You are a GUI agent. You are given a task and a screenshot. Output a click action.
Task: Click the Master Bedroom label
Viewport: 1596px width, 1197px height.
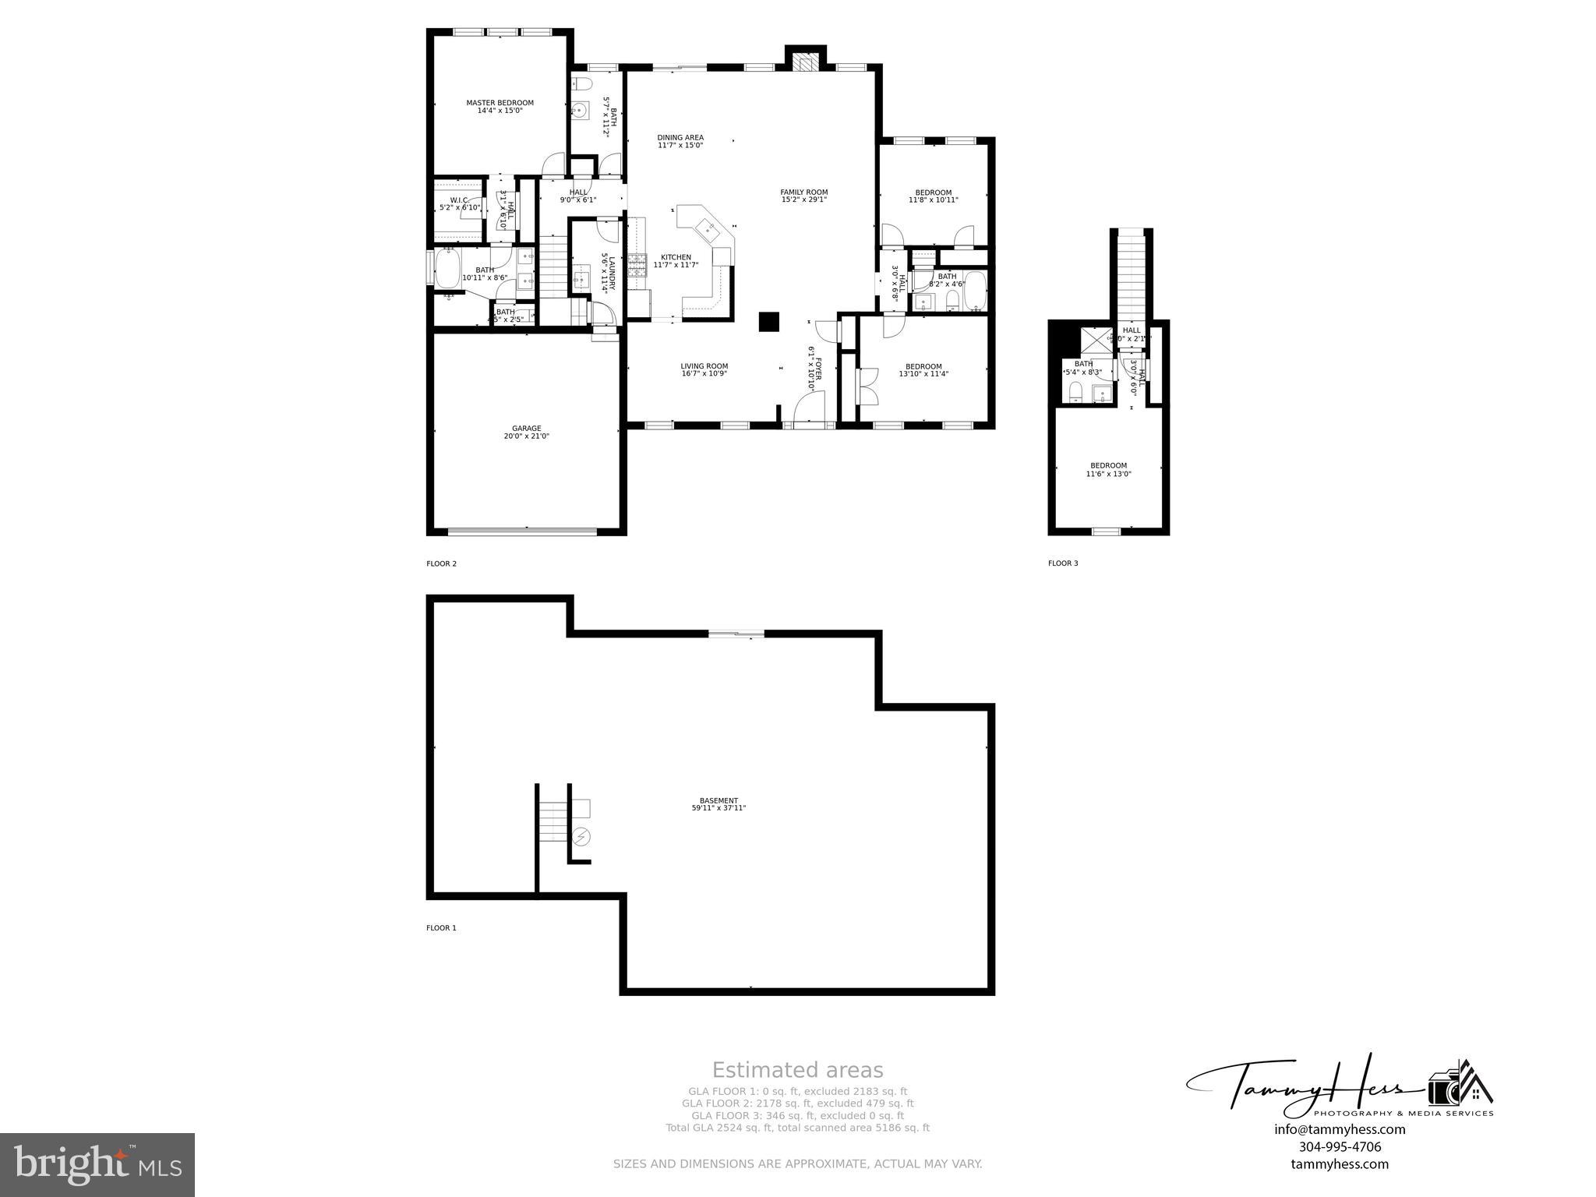point(500,103)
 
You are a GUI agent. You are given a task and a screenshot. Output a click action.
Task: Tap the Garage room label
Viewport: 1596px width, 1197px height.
point(526,429)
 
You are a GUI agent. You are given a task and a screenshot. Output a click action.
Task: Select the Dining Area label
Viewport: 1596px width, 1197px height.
point(680,138)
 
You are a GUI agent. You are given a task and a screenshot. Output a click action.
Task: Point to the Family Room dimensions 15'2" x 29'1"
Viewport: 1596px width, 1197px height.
point(803,199)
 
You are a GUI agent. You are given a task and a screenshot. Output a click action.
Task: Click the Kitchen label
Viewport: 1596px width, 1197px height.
point(676,258)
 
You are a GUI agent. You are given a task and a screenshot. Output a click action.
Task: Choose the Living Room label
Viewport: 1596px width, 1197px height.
point(704,366)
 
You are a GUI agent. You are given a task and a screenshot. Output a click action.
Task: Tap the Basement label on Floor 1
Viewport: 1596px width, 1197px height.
point(719,800)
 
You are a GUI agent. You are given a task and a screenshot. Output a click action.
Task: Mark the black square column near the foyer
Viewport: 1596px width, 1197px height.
point(769,322)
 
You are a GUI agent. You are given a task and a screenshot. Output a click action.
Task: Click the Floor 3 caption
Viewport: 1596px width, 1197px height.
point(1063,563)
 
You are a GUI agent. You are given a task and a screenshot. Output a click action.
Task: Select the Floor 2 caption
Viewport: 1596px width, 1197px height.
point(441,563)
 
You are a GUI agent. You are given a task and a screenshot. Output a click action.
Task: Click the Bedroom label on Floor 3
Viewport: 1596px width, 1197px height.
point(1108,466)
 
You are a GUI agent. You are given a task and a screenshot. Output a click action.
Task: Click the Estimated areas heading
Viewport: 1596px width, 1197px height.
point(797,1070)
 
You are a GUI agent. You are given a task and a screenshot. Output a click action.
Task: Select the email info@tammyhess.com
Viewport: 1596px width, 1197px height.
point(1340,1129)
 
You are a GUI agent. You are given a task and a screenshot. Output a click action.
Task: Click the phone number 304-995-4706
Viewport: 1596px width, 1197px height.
point(1340,1146)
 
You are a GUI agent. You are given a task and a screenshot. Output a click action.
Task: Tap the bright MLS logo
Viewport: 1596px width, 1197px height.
point(97,1164)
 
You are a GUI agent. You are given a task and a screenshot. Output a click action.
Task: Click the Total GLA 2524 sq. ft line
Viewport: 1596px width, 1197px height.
point(797,1128)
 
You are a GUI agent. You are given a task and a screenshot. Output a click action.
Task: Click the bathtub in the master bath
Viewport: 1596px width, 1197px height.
point(448,269)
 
